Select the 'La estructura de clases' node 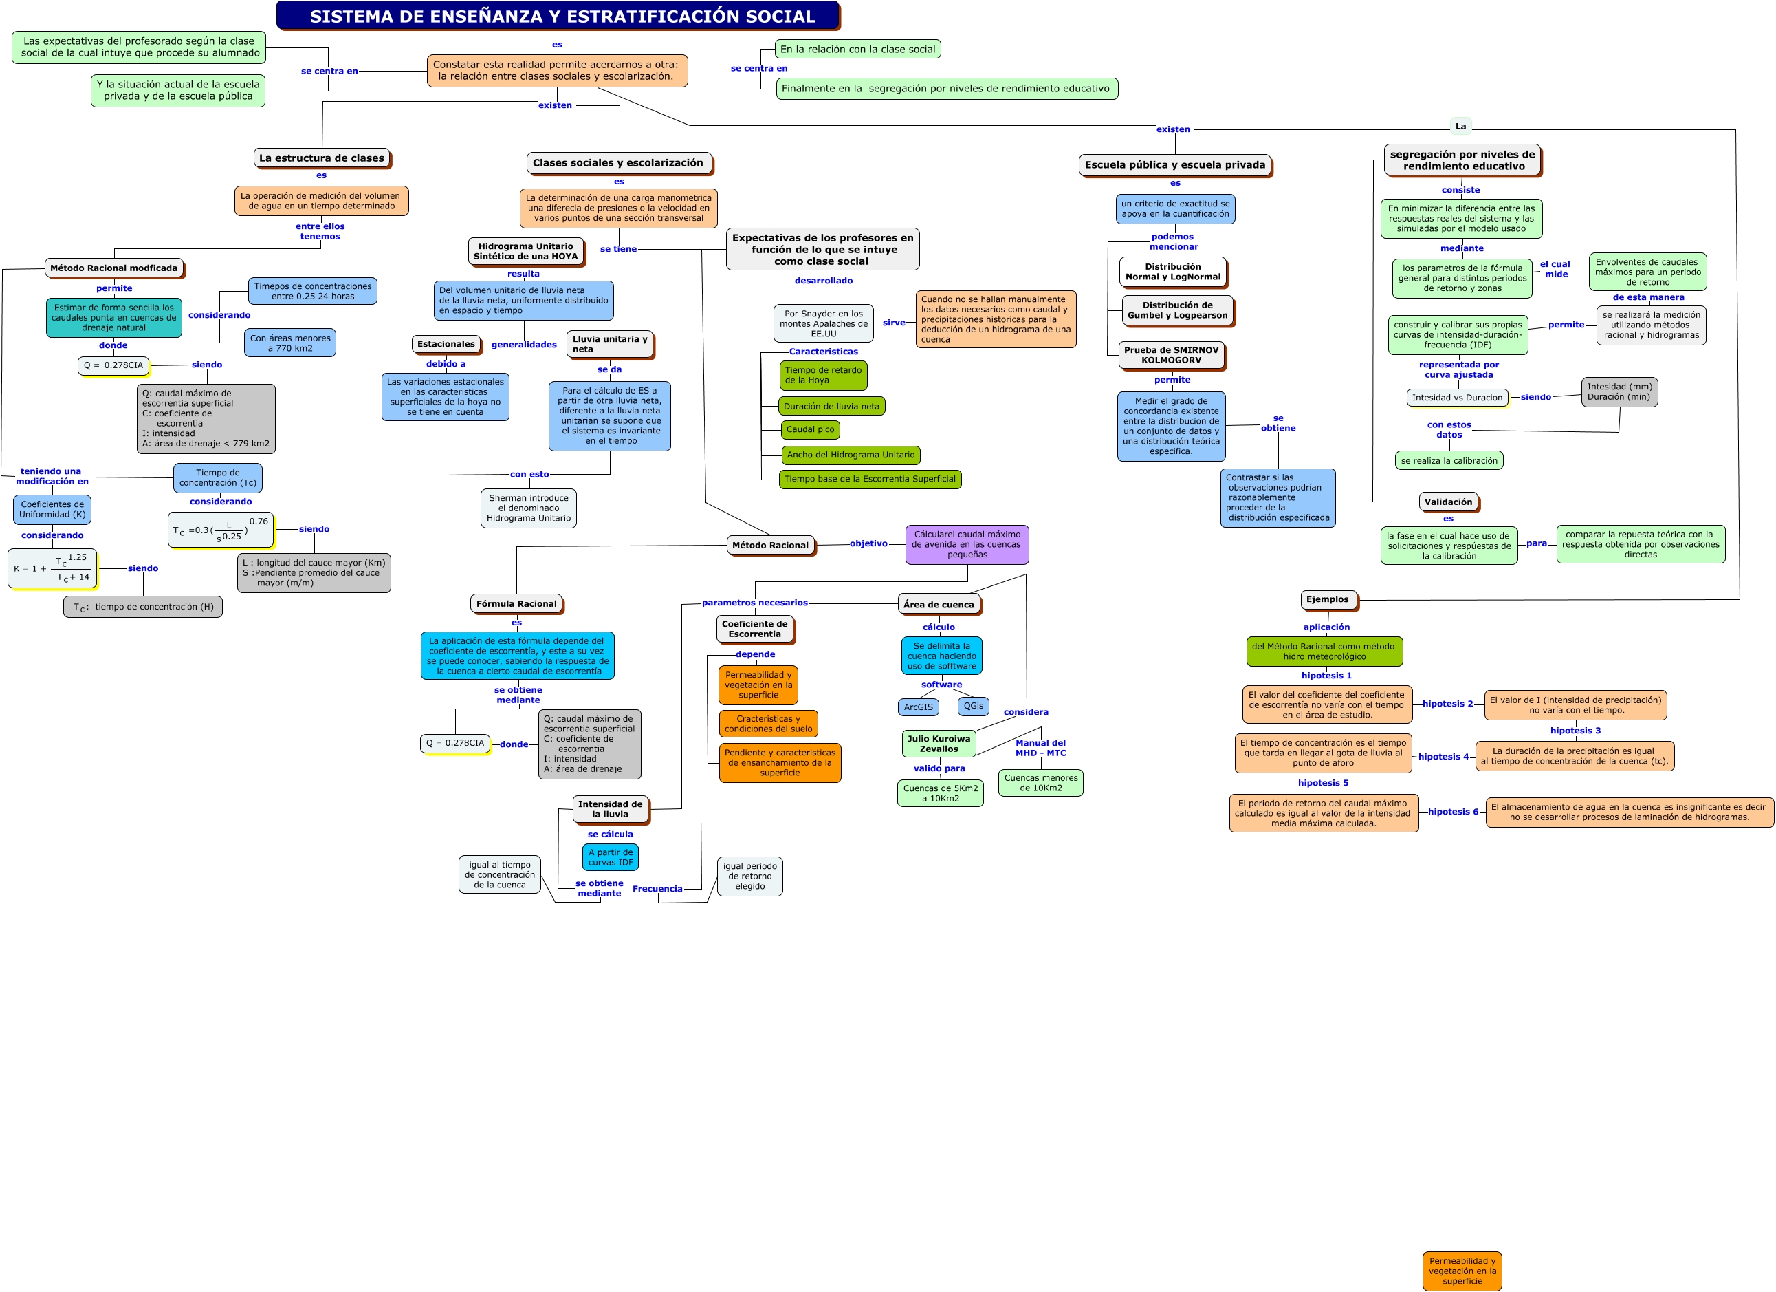(x=322, y=158)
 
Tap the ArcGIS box (x=918, y=707)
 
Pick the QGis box (x=974, y=706)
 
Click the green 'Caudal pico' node (x=810, y=429)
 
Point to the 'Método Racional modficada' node (x=113, y=268)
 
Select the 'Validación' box (x=1448, y=502)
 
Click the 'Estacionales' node (x=446, y=344)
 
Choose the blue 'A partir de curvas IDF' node (x=610, y=857)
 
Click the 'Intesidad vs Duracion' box (x=1457, y=397)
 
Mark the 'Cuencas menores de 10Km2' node (x=1041, y=783)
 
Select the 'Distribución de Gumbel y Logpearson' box (x=1177, y=310)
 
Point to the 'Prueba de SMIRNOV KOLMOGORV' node (x=1171, y=355)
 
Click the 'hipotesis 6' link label (x=1453, y=812)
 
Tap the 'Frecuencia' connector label (x=657, y=888)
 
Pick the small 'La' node (x=1460, y=126)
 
